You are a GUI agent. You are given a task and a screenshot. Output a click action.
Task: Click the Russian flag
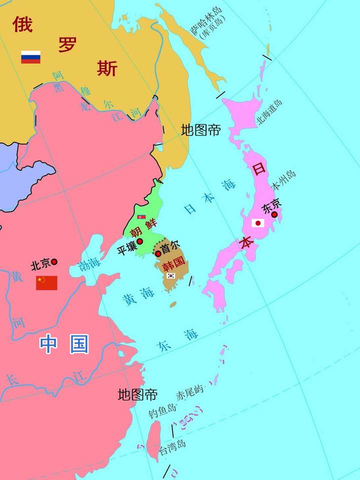tap(30, 57)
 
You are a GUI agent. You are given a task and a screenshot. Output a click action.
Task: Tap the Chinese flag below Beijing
tap(46, 283)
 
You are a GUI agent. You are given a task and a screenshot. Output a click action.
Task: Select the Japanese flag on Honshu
tap(258, 223)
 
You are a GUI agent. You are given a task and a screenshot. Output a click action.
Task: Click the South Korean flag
tap(170, 275)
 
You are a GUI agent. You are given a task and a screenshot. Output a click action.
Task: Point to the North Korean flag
tap(141, 217)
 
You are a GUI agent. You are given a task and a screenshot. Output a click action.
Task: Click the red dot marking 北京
tap(54, 261)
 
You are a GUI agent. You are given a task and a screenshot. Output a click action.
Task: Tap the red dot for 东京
tap(274, 214)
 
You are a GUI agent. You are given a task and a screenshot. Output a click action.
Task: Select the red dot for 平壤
tap(140, 241)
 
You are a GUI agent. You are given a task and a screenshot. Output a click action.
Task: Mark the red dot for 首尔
tap(158, 253)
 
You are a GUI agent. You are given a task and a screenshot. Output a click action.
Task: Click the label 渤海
tap(89, 264)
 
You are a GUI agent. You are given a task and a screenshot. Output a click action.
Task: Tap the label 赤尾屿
tap(190, 393)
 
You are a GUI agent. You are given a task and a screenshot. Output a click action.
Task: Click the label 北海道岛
tap(269, 112)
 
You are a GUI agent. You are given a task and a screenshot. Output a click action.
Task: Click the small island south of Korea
tap(173, 304)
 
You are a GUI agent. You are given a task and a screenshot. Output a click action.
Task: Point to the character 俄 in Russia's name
tap(22, 23)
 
